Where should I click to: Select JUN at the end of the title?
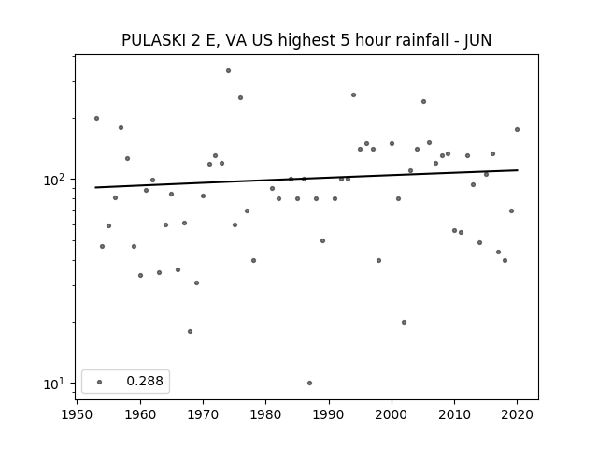point(477,40)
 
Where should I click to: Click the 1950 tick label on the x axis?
point(78,414)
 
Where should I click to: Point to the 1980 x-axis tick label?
point(265,414)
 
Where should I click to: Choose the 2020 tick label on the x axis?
point(517,414)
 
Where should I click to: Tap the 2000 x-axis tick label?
point(392,414)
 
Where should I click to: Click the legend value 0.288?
point(145,381)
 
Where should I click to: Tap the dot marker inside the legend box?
point(100,382)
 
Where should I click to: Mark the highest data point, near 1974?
point(228,71)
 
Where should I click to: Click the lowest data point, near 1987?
point(309,383)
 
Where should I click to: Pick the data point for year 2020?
point(517,129)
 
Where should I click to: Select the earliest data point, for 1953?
point(96,119)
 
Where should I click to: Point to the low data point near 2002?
point(405,322)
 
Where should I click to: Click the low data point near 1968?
point(191,331)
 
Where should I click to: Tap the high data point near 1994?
point(353,95)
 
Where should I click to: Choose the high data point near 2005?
point(423,102)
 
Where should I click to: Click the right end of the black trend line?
point(518,170)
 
